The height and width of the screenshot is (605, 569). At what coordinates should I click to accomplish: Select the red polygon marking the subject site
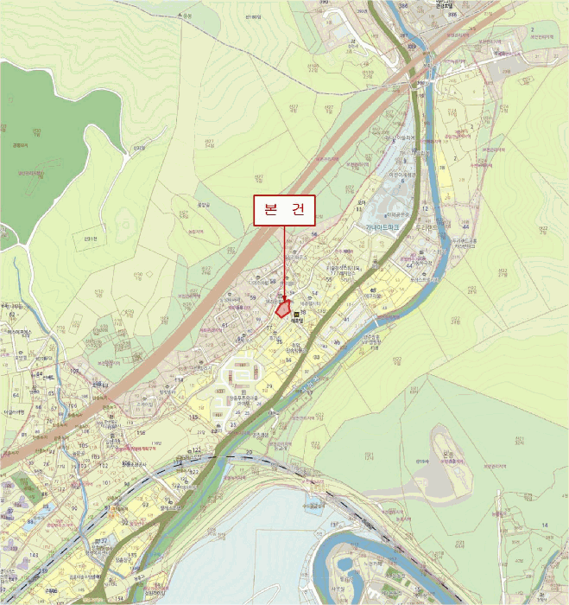(281, 308)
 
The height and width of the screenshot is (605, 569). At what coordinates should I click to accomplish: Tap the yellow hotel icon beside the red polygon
(297, 315)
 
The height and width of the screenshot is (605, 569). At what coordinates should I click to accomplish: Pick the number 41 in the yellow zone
(346, 320)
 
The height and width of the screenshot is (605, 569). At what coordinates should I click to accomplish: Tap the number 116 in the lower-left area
(140, 431)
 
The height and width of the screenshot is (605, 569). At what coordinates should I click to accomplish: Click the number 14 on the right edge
(544, 525)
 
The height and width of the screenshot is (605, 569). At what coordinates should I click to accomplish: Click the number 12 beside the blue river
(426, 208)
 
